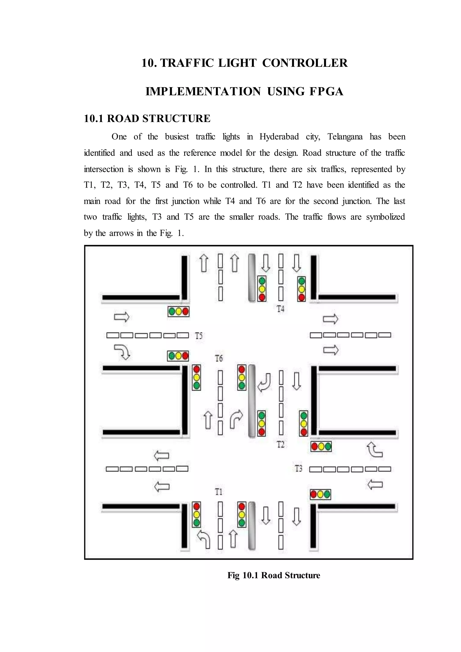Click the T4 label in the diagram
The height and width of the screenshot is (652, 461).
coord(280,309)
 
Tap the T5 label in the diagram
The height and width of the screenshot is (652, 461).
coord(199,336)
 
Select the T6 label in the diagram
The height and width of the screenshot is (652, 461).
coord(219,359)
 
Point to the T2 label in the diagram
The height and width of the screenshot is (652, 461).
coord(280,444)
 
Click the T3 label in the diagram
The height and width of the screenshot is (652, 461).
coord(298,468)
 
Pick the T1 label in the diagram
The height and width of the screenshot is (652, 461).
coord(218,491)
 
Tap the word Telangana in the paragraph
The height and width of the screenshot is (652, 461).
coord(345,137)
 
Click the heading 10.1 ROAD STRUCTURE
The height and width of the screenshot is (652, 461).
coord(147,118)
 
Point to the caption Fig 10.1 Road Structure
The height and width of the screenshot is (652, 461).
coord(274,575)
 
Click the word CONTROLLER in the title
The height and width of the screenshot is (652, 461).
coord(305,63)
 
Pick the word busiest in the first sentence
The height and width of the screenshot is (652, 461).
coord(177,137)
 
